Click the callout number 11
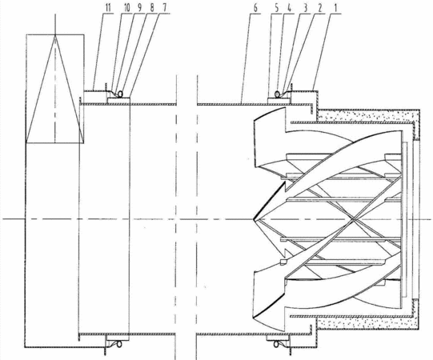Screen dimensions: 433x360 pyautogui.click(x=108, y=8)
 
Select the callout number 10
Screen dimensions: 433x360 pyautogui.click(x=126, y=8)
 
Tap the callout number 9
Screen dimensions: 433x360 pyautogui.click(x=139, y=8)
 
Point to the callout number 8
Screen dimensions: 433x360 pyautogui.click(x=152, y=8)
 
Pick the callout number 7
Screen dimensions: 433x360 pyautogui.click(x=165, y=8)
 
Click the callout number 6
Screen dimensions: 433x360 pyautogui.click(x=255, y=8)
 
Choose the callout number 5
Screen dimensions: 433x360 pyautogui.click(x=277, y=8)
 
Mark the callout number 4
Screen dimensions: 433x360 pyautogui.click(x=289, y=8)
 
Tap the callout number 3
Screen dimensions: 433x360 pyautogui.click(x=305, y=8)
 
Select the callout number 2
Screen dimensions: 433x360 pyautogui.click(x=320, y=8)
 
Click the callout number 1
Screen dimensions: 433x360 pyautogui.click(x=335, y=8)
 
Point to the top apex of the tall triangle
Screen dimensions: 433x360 pyautogui.click(x=55, y=35)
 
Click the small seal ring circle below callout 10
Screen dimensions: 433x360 pyautogui.click(x=120, y=94)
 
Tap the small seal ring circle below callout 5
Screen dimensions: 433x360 pyautogui.click(x=277, y=94)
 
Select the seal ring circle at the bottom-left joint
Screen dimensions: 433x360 pyautogui.click(x=119, y=344)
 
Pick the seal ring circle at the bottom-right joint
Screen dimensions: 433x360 pyautogui.click(x=276, y=344)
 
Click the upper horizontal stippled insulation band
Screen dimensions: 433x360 pyautogui.click(x=367, y=115)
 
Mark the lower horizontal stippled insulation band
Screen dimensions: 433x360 pyautogui.click(x=367, y=324)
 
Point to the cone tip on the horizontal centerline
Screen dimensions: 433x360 pyautogui.click(x=254, y=219)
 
